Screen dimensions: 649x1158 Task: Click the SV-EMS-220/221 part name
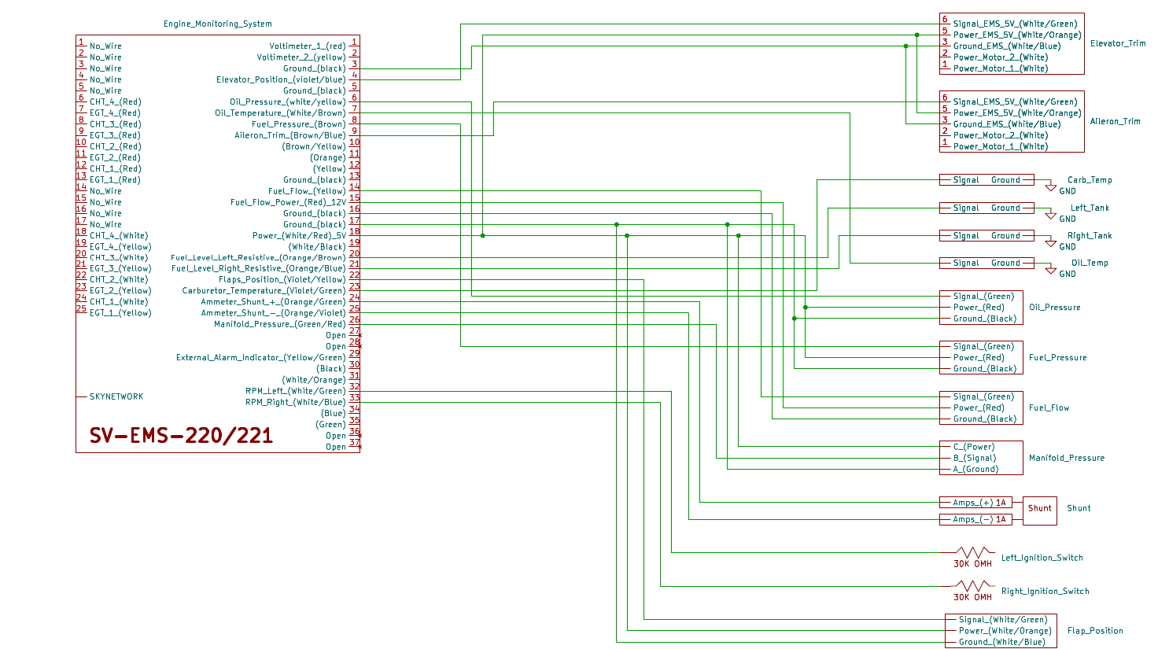(x=181, y=435)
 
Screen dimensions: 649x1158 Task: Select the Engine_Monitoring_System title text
(x=218, y=24)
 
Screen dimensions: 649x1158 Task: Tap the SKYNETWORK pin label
(x=116, y=396)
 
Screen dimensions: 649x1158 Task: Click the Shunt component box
(x=1039, y=508)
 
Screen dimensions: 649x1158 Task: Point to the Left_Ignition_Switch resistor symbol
(x=974, y=552)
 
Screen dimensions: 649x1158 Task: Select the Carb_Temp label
(x=1090, y=180)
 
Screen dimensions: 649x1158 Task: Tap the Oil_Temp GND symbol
(x=1051, y=271)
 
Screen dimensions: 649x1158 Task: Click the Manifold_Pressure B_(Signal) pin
(x=975, y=458)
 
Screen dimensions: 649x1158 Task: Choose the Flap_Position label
(x=1095, y=631)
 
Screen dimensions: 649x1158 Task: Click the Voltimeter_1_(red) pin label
(x=307, y=46)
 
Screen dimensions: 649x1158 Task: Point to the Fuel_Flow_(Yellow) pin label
(x=307, y=191)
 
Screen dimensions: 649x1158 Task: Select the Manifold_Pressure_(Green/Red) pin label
(x=279, y=324)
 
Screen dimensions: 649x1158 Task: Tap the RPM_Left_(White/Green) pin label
(x=295, y=391)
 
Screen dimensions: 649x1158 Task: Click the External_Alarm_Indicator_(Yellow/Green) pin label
(x=260, y=358)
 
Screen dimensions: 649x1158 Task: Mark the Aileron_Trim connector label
(x=1115, y=121)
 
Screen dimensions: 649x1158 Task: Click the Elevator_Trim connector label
(x=1118, y=43)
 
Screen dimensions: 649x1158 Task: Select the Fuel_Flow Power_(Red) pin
(x=979, y=407)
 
